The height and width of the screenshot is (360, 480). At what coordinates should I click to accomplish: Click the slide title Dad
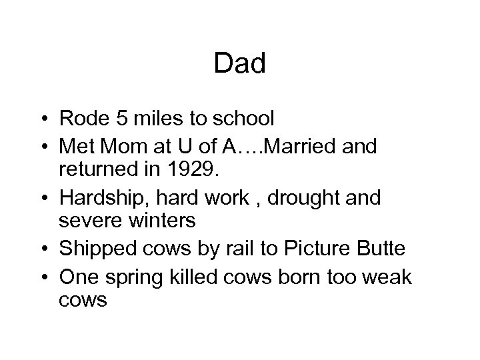click(240, 64)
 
